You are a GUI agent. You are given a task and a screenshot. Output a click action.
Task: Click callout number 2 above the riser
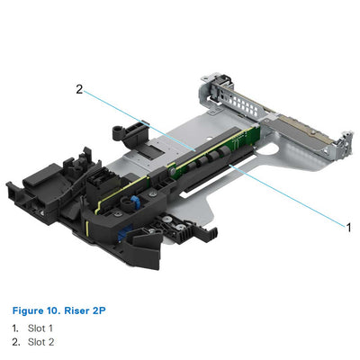80,89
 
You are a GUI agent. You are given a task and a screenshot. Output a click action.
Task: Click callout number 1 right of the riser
349,227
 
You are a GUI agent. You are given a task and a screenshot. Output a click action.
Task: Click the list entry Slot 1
40,328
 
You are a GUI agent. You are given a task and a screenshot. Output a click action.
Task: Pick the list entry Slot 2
40,342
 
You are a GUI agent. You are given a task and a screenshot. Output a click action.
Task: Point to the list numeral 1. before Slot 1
15,328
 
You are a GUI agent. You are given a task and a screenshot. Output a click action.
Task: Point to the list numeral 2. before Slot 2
15,342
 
